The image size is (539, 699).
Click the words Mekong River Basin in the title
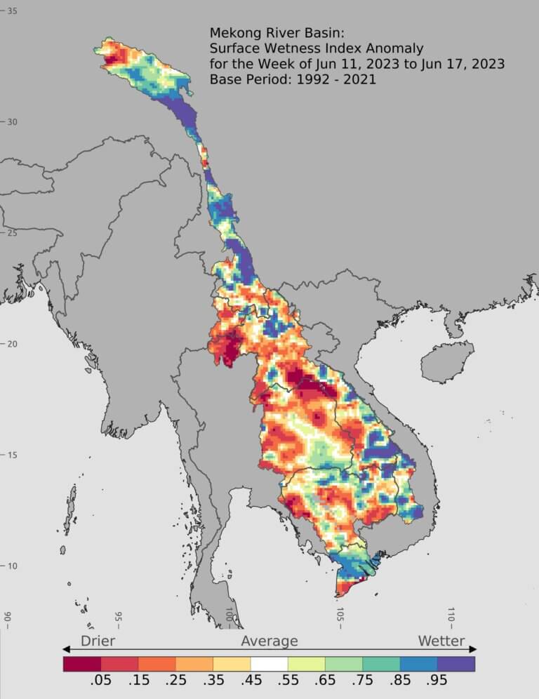click(x=273, y=33)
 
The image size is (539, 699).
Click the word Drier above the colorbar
click(x=98, y=641)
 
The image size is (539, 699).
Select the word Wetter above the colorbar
click(x=441, y=641)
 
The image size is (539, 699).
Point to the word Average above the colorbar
click(x=269, y=641)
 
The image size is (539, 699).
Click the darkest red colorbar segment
click(x=81, y=663)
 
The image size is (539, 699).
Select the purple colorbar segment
click(x=456, y=663)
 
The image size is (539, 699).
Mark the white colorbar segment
click(x=269, y=663)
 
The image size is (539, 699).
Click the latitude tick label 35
click(x=13, y=11)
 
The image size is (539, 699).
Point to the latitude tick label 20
click(x=13, y=344)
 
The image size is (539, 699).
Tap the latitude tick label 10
click(x=13, y=566)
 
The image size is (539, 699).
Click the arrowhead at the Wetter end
click(x=473, y=649)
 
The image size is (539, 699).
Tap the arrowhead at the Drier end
click(x=66, y=649)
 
